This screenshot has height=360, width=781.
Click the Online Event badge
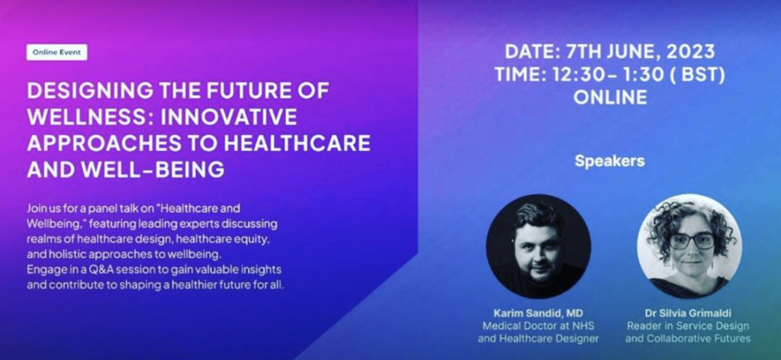56,53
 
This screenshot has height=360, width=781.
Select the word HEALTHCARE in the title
297,143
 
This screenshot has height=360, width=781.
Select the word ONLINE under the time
610,97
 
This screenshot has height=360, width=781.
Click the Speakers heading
609,162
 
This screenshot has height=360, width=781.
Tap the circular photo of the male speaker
538,246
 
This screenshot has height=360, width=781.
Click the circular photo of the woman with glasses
689,246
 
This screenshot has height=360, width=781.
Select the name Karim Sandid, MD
538,313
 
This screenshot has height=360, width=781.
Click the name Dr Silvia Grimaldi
688,313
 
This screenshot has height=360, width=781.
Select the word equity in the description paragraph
255,240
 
